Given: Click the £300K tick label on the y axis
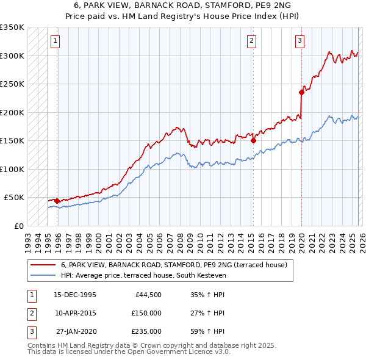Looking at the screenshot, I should pyautogui.click(x=12, y=56).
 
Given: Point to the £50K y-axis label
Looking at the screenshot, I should pyautogui.click(x=14, y=198).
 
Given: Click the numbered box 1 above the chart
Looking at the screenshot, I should pyautogui.click(x=55, y=41).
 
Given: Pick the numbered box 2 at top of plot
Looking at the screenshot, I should pyautogui.click(x=251, y=41).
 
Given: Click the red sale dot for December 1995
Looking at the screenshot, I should pyautogui.click(x=57, y=200).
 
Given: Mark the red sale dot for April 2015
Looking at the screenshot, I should pyautogui.click(x=253, y=140).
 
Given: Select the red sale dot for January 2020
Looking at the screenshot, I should pyautogui.click(x=301, y=92).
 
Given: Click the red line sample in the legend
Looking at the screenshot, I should pyautogui.click(x=43, y=265).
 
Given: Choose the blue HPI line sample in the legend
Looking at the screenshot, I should pyautogui.click(x=43, y=275).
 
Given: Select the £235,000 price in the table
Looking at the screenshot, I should pyautogui.click(x=146, y=331).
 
